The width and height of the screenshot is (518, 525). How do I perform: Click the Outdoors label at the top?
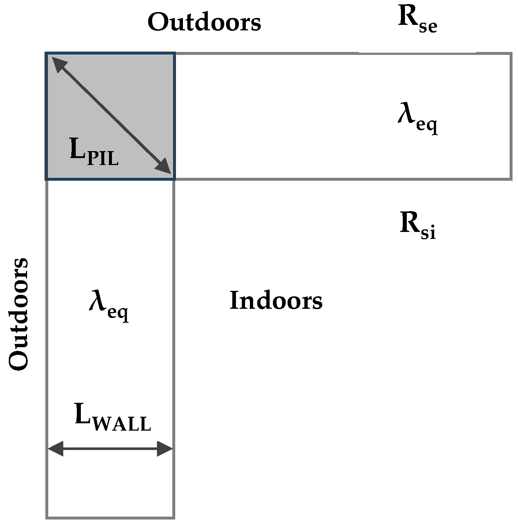(x=204, y=22)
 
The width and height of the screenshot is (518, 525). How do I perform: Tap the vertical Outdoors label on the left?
(x=18, y=314)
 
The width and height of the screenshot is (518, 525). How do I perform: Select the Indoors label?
(x=276, y=301)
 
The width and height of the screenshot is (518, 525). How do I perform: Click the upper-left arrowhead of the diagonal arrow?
(x=58, y=63)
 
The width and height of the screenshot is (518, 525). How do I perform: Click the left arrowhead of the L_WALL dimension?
(x=55, y=449)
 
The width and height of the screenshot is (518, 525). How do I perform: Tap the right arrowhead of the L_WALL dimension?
(x=165, y=449)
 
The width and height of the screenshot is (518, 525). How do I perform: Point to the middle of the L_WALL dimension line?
(x=110, y=449)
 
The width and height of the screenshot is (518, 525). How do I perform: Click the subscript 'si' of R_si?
(x=428, y=233)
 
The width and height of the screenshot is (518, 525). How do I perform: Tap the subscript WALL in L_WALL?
(x=122, y=424)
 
